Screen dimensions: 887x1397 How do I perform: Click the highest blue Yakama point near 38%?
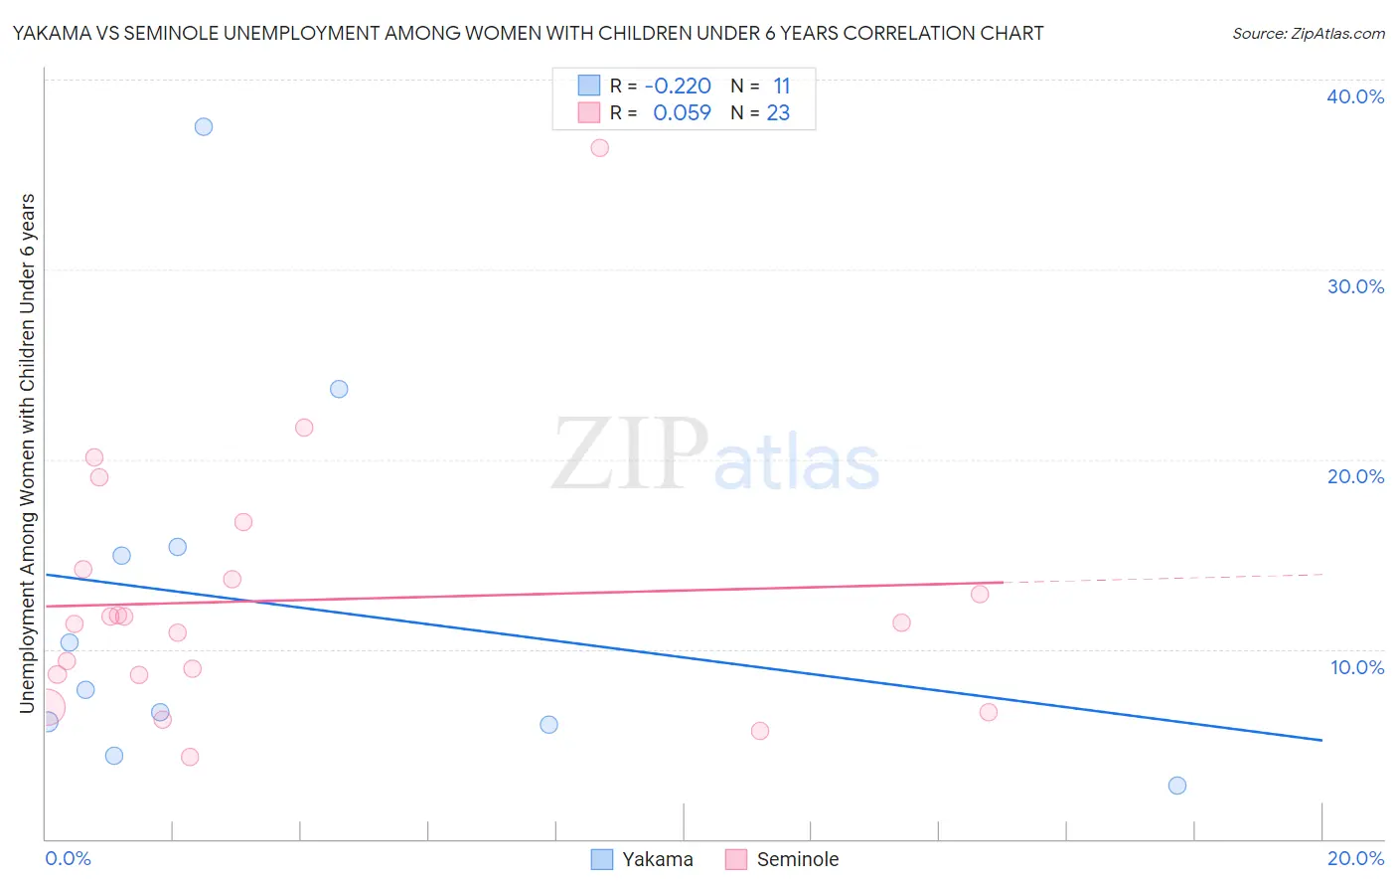(x=204, y=126)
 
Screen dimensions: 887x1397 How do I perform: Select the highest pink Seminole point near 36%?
(x=599, y=148)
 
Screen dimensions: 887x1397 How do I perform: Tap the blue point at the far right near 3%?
(x=1177, y=786)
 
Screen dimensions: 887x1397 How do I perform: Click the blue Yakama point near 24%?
(x=339, y=389)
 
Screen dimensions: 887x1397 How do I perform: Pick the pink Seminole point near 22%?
(x=304, y=428)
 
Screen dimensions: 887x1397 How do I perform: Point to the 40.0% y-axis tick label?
(x=1354, y=96)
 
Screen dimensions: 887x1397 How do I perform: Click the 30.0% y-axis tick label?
(x=1354, y=286)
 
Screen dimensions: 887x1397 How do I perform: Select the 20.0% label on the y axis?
(x=1354, y=476)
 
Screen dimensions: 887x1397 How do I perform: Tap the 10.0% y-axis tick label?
(x=1356, y=667)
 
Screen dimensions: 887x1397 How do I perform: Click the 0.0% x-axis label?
(x=68, y=858)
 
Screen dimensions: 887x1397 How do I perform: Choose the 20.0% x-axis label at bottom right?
(x=1354, y=858)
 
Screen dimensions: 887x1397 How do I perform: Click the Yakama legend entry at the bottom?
(x=642, y=859)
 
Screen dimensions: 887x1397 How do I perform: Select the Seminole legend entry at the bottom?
(x=782, y=859)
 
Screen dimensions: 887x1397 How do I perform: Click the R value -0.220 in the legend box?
(x=678, y=87)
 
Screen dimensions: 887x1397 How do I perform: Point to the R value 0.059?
(x=682, y=113)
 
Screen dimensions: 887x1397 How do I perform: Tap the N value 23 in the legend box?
(x=778, y=113)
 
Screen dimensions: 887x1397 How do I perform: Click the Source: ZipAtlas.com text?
(x=1308, y=34)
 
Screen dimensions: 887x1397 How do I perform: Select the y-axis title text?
(x=28, y=453)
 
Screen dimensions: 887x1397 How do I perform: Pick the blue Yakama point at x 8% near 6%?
(x=548, y=725)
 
